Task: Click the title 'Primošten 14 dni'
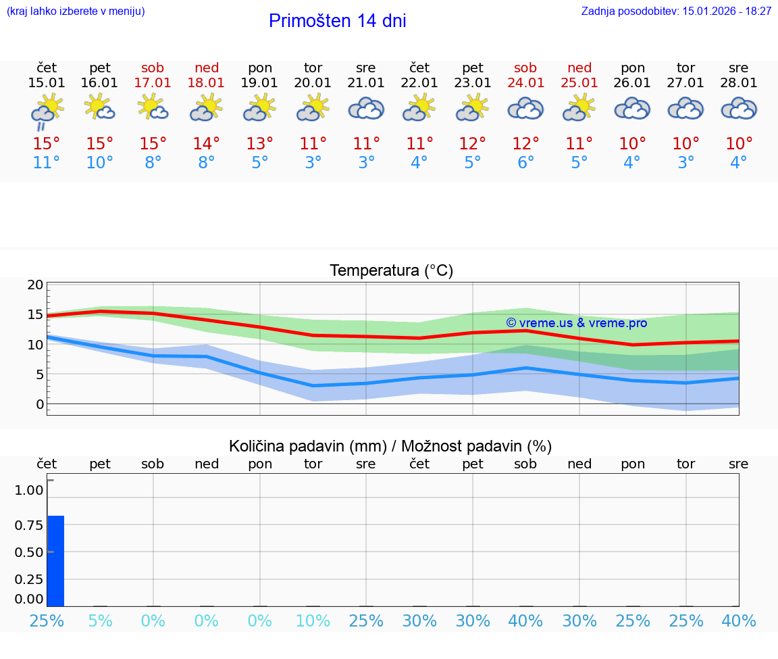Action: pyautogui.click(x=337, y=21)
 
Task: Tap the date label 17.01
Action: pyautogui.click(x=153, y=82)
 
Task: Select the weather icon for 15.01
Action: pyautogui.click(x=47, y=111)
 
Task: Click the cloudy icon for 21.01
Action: pyautogui.click(x=366, y=109)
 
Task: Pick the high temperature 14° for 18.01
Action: pyautogui.click(x=206, y=143)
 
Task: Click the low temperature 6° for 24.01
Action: pyautogui.click(x=525, y=162)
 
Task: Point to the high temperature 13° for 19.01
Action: pyautogui.click(x=259, y=143)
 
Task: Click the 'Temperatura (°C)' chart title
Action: pyautogui.click(x=391, y=271)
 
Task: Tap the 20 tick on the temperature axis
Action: pyautogui.click(x=35, y=285)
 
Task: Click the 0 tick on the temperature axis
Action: pyautogui.click(x=39, y=404)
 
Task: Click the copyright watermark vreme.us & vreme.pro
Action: pyautogui.click(x=576, y=323)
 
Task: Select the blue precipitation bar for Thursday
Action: pyautogui.click(x=55, y=560)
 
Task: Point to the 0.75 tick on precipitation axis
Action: pyautogui.click(x=29, y=525)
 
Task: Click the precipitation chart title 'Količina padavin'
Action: pyautogui.click(x=390, y=446)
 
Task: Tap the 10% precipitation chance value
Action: pyautogui.click(x=313, y=620)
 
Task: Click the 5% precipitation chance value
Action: pyautogui.click(x=100, y=620)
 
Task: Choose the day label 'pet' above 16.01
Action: pyautogui.click(x=100, y=68)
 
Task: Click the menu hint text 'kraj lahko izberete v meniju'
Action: pyautogui.click(x=76, y=11)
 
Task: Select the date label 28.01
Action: pyautogui.click(x=739, y=82)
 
